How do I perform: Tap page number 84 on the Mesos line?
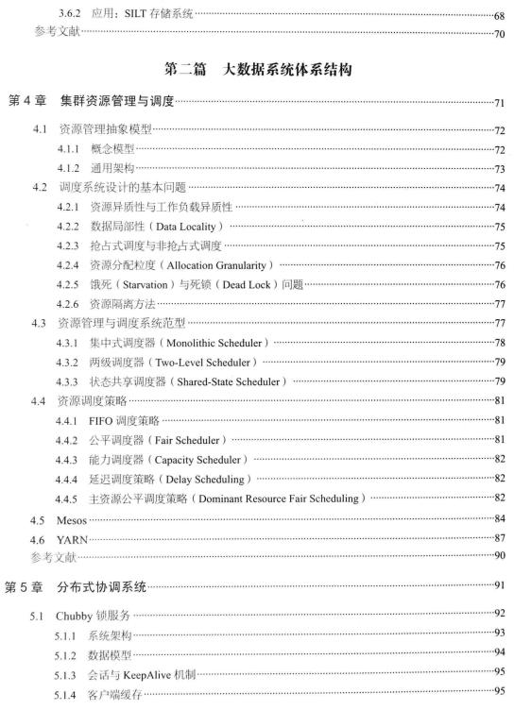pos(498,517)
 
